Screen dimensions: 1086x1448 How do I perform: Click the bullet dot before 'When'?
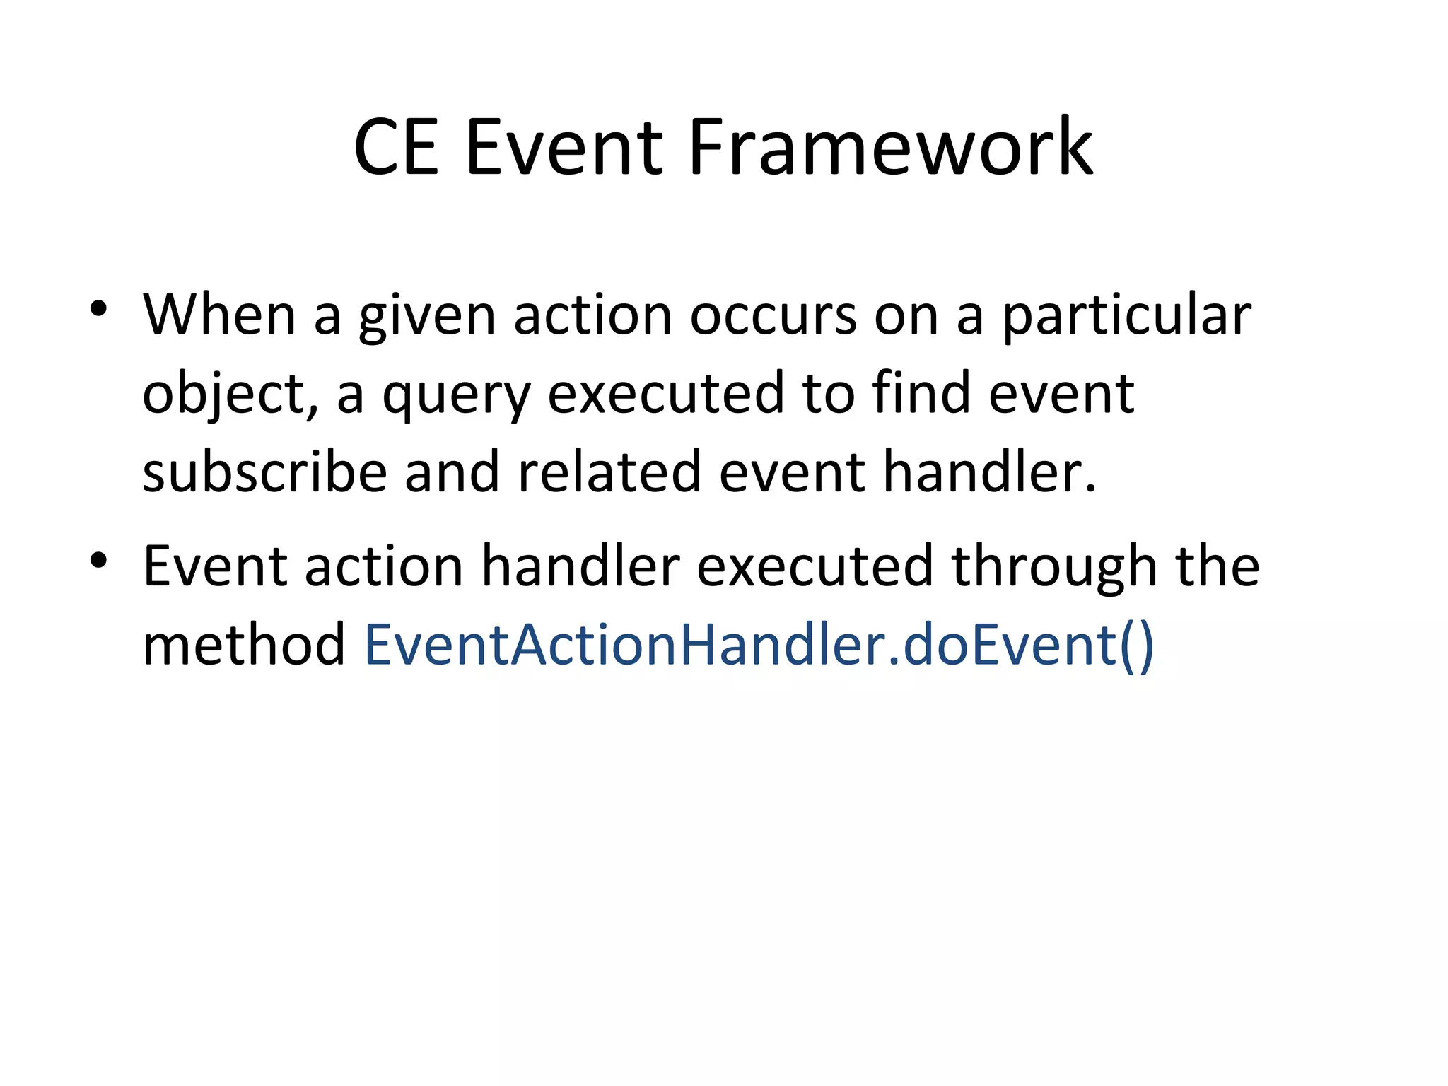coord(98,309)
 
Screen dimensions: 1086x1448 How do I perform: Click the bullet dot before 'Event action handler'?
coord(98,561)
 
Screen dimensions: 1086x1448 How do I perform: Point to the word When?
coord(219,315)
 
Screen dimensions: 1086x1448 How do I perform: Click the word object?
coord(230,395)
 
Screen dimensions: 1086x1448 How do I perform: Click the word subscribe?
coord(264,472)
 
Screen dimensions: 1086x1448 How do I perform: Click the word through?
coord(1054,568)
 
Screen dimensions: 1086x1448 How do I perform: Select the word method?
coord(243,645)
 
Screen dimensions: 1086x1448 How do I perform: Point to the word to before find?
coord(827,395)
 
